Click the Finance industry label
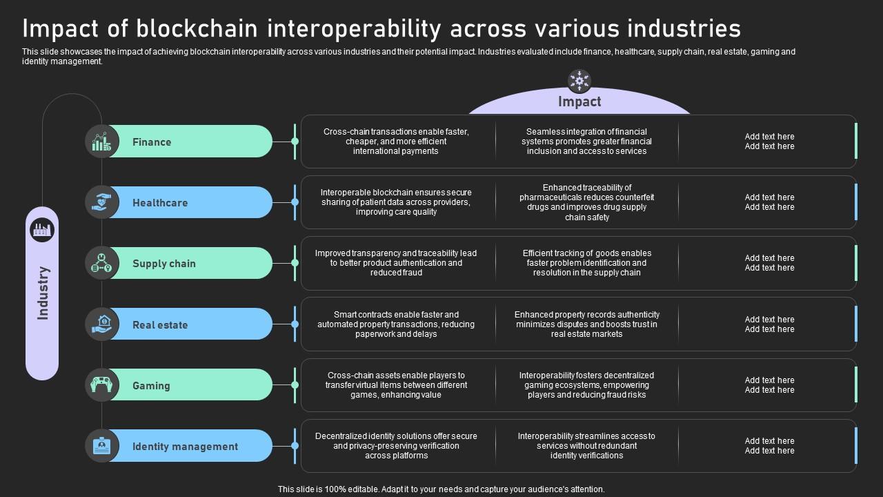[x=152, y=142]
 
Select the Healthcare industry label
[x=160, y=203]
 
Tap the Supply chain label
[x=164, y=264]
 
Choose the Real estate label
[x=160, y=325]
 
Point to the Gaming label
[x=151, y=386]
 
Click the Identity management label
[x=185, y=447]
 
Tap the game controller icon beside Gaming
[x=101, y=384]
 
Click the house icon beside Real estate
[x=101, y=324]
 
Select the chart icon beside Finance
[x=101, y=142]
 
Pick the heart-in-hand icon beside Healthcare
[x=101, y=202]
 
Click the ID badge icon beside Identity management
[x=101, y=446]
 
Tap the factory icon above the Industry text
[x=42, y=229]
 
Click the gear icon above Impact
[x=579, y=81]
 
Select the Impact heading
[x=579, y=102]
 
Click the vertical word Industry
[x=43, y=293]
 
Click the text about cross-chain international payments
[x=396, y=142]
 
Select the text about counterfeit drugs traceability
[x=586, y=202]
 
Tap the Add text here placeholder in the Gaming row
[x=769, y=385]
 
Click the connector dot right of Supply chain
[x=295, y=263]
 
